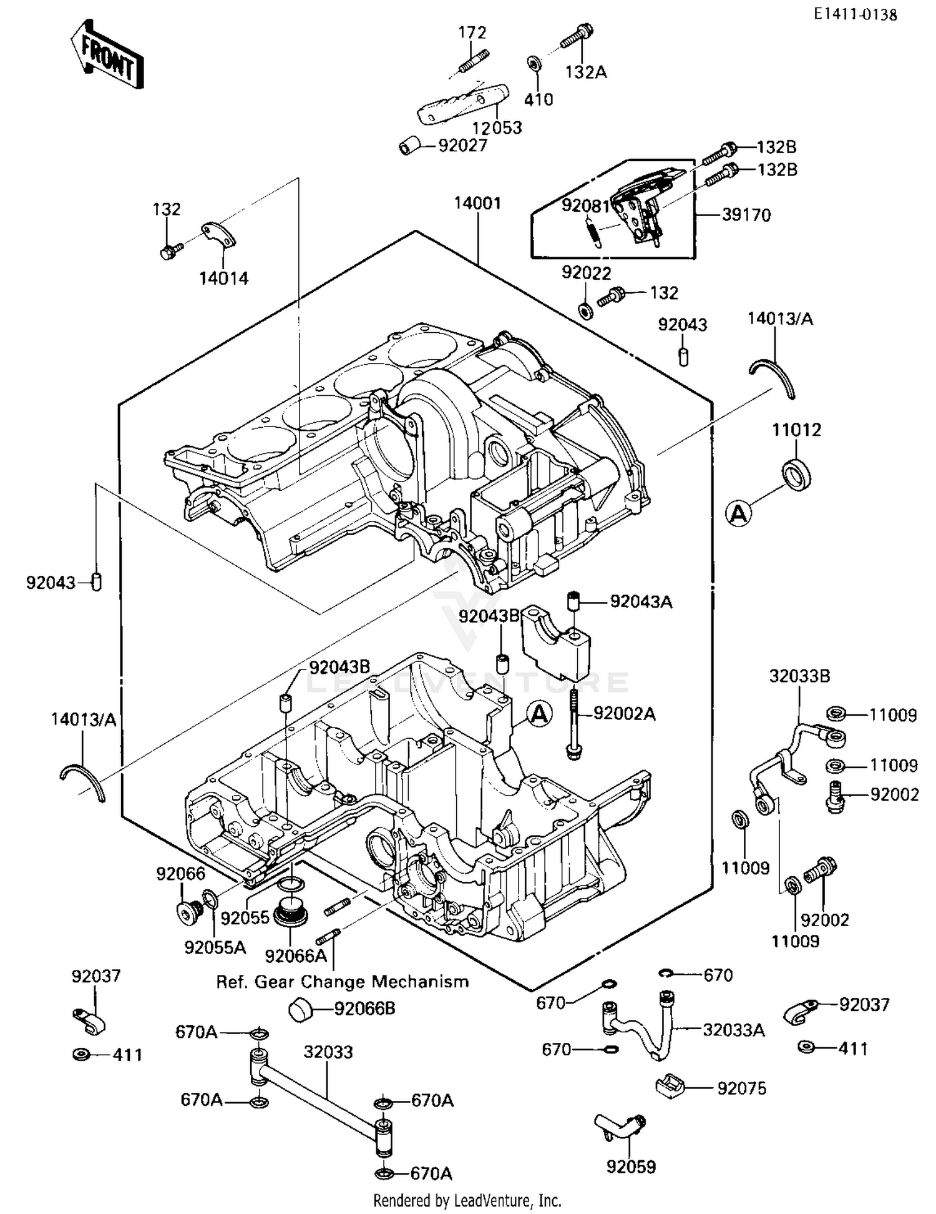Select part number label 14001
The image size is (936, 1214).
[477, 203]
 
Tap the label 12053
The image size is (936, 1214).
[497, 127]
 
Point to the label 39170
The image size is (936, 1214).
[746, 215]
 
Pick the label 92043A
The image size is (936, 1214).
[641, 601]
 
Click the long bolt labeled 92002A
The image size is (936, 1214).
[573, 724]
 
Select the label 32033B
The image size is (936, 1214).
[799, 676]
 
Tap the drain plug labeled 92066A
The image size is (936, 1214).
[291, 913]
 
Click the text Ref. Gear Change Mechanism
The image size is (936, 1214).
[342, 982]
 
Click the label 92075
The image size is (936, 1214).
[742, 1088]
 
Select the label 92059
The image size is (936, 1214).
[631, 1167]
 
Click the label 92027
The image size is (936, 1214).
[462, 146]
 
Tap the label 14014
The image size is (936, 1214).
[223, 278]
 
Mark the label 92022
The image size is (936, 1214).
[586, 273]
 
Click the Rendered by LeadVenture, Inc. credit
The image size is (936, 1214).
[467, 1200]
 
